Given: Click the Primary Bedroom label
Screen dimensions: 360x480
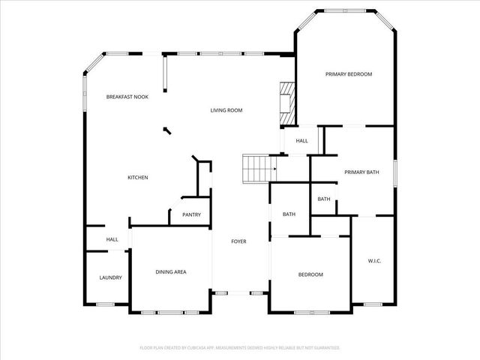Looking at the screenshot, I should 348,74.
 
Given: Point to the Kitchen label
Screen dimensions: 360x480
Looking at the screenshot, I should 137,178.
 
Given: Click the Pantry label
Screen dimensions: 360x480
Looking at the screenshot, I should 191,215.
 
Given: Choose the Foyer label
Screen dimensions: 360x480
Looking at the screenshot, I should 238,241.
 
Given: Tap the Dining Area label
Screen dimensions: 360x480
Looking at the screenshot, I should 170,271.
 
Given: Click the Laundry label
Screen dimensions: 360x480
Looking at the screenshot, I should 110,277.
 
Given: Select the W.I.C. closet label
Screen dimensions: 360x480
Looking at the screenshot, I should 375,261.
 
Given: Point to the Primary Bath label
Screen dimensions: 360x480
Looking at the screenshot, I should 361,172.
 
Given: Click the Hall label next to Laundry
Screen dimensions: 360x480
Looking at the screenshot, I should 112,239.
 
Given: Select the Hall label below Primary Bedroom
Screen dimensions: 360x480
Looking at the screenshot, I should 301,141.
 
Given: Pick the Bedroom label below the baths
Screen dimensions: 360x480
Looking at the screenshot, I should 310,274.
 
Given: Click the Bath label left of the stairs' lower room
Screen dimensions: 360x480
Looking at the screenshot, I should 289,215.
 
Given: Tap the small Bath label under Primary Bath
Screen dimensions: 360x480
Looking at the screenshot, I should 324,199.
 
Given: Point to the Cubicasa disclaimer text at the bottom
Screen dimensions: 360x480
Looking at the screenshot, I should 240,348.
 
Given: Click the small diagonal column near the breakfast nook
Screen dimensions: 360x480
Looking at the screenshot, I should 166,130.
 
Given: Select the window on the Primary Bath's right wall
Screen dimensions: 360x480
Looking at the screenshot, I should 395,172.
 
